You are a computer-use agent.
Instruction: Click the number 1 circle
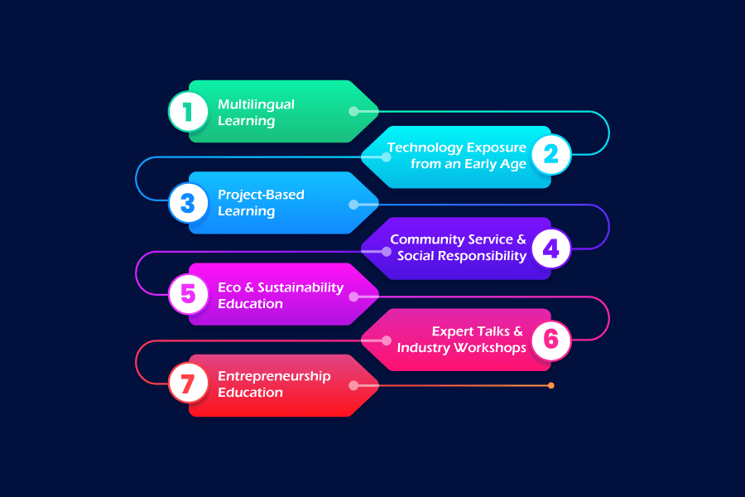pyautogui.click(x=188, y=112)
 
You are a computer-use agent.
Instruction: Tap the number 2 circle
pyautogui.click(x=550, y=154)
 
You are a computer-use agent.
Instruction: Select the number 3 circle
pyautogui.click(x=188, y=203)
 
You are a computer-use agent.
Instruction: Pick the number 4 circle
pyautogui.click(x=550, y=248)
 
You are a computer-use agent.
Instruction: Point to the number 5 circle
pyautogui.click(x=188, y=294)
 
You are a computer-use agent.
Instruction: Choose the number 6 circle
pyautogui.click(x=550, y=339)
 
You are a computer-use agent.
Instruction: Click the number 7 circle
pyautogui.click(x=188, y=385)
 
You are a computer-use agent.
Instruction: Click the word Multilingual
pyautogui.click(x=256, y=104)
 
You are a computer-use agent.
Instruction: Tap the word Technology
pyautogui.click(x=425, y=147)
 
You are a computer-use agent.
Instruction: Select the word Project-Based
pyautogui.click(x=261, y=195)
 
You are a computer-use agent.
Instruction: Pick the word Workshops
pyautogui.click(x=487, y=347)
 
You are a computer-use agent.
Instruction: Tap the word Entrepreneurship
pyautogui.click(x=274, y=376)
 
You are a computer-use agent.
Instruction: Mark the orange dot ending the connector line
pyautogui.click(x=550, y=385)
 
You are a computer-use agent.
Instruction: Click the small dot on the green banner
pyautogui.click(x=353, y=111)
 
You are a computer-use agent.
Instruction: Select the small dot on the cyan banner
pyautogui.click(x=387, y=157)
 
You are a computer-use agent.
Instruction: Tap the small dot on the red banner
pyautogui.click(x=353, y=385)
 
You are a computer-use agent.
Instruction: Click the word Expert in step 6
pyautogui.click(x=452, y=331)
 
